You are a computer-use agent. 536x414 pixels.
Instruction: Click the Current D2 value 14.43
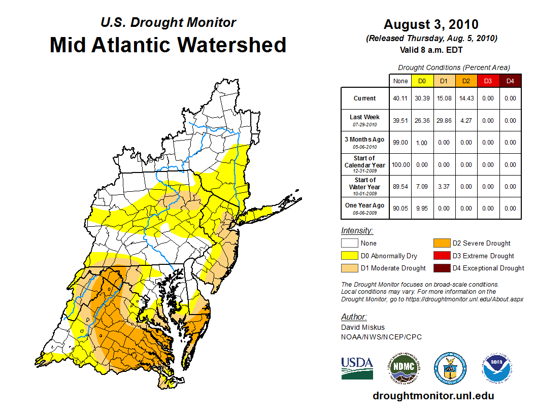tap(466, 98)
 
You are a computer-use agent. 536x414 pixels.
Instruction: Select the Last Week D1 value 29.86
tap(444, 121)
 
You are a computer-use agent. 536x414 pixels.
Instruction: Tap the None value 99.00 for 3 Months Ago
tap(400, 143)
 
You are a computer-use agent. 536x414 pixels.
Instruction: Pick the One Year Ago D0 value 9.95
tap(422, 209)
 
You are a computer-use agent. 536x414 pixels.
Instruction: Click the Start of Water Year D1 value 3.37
tap(444, 187)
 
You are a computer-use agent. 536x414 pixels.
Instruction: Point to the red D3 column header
tap(488, 81)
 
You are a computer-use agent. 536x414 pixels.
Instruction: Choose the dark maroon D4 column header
tap(510, 81)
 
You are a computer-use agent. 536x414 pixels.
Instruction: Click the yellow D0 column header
tap(422, 81)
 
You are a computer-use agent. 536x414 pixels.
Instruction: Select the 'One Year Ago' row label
tap(365, 205)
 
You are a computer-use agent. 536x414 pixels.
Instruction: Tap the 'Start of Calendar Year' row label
tap(365, 164)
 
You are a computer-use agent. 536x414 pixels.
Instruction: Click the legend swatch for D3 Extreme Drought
tap(441, 256)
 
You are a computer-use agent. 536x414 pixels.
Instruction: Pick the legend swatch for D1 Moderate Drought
tap(349, 268)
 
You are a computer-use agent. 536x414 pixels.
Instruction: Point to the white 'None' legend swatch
tap(349, 244)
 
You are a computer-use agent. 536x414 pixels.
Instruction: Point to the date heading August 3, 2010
tap(431, 25)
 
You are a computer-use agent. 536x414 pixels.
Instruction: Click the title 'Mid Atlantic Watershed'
tap(168, 45)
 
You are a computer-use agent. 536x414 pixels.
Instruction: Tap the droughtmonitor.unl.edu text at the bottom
tap(433, 396)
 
